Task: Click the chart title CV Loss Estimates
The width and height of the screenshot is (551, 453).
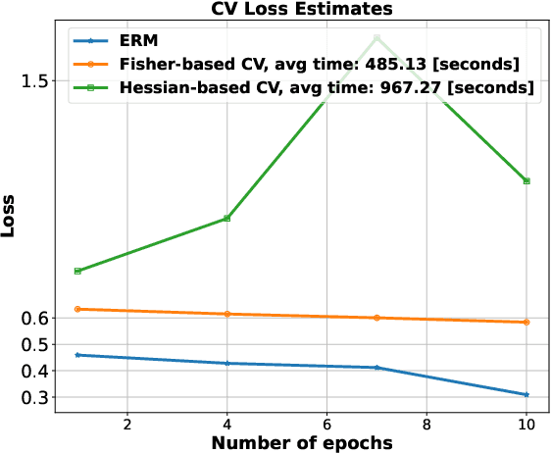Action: pyautogui.click(x=301, y=9)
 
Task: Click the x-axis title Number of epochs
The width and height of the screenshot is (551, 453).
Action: pyautogui.click(x=302, y=442)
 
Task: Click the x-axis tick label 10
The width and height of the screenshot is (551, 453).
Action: pyautogui.click(x=526, y=424)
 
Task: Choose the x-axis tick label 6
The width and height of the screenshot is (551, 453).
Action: pyautogui.click(x=326, y=424)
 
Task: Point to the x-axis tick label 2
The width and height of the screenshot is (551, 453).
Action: pyautogui.click(x=127, y=424)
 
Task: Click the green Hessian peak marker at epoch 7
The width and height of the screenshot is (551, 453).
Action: pyautogui.click(x=377, y=38)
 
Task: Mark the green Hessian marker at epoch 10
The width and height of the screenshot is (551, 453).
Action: pyautogui.click(x=527, y=181)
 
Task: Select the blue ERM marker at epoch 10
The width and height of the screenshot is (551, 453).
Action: pyautogui.click(x=527, y=395)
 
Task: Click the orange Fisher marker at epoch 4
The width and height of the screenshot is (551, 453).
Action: pyautogui.click(x=227, y=314)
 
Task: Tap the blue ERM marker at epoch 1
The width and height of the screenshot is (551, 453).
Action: pyautogui.click(x=77, y=355)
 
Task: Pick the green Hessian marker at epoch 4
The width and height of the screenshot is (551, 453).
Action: pyautogui.click(x=227, y=218)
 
